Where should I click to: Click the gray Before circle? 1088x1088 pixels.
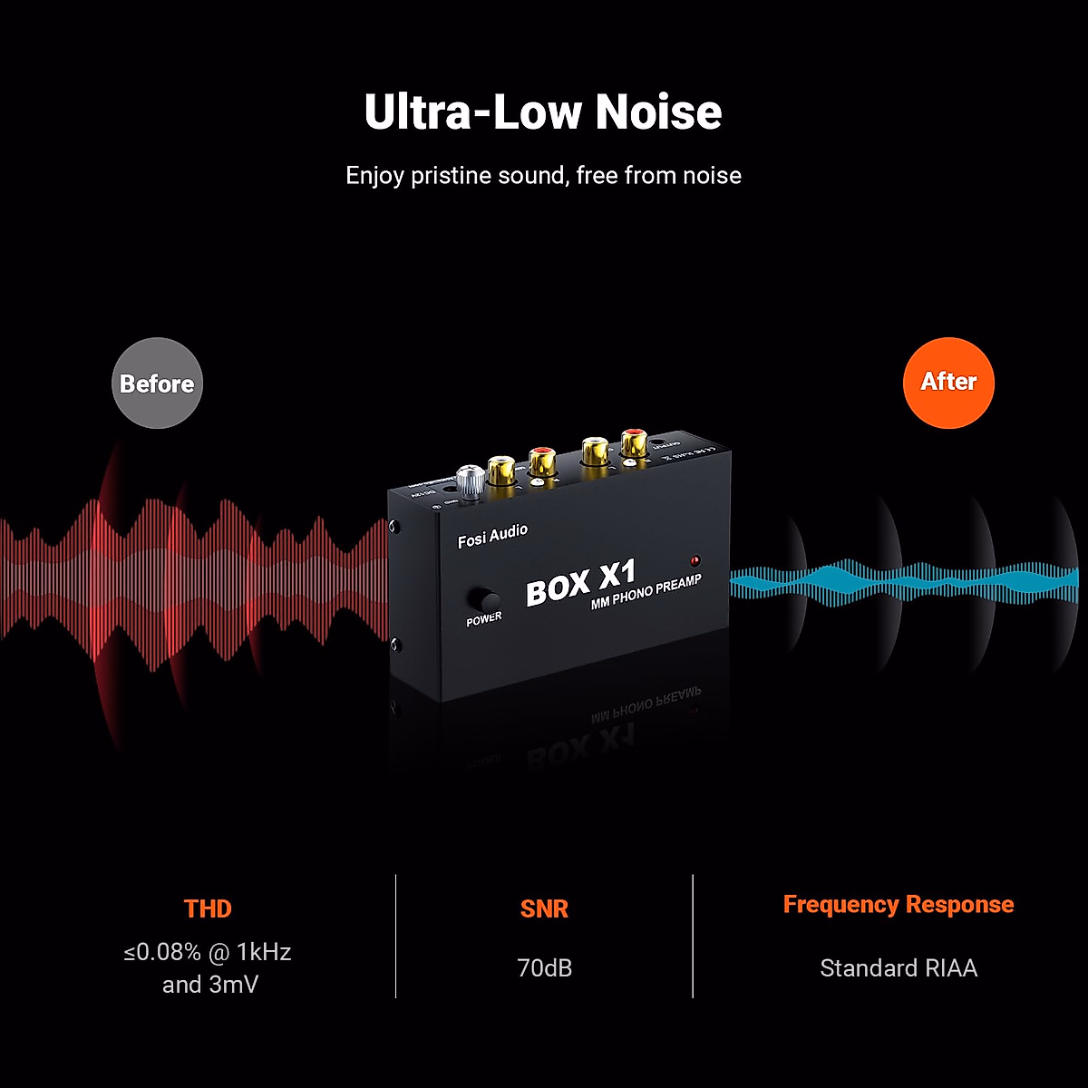tap(157, 383)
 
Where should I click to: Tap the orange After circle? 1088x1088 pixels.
tap(948, 382)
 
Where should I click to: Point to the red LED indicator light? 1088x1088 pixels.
tap(695, 559)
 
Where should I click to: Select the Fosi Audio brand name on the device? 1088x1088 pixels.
tap(492, 536)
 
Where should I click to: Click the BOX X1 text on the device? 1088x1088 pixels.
tap(581, 582)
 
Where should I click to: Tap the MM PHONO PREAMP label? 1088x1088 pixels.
tap(646, 591)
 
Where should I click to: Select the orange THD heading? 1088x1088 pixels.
tap(208, 908)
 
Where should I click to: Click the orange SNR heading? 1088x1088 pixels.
tap(544, 908)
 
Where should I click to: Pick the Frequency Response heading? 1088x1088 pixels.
tap(899, 904)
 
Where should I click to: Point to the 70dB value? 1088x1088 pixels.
tap(544, 967)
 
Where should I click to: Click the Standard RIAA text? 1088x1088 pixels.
tap(899, 967)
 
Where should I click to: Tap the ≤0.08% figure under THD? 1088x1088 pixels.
tap(162, 952)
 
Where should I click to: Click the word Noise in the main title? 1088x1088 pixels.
tap(658, 112)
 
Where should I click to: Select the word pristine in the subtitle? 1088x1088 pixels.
tap(451, 175)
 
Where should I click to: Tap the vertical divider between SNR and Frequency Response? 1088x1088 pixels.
tap(693, 936)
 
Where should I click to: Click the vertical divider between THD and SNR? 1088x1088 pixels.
tap(396, 936)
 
